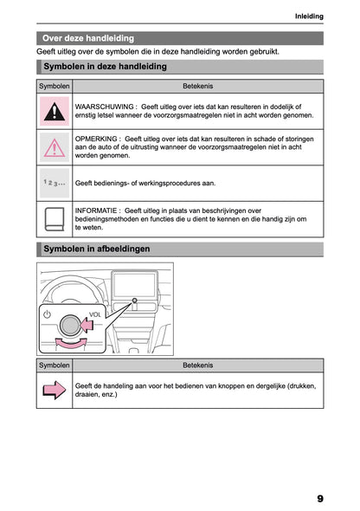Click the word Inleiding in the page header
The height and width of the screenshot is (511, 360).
[309, 16]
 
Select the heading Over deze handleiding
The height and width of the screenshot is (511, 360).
[88, 38]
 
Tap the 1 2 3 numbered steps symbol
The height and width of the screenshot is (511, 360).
[55, 184]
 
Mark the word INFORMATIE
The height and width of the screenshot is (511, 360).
[98, 210]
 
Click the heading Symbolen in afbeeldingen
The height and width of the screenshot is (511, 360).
[96, 249]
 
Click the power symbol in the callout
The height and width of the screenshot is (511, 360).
[48, 314]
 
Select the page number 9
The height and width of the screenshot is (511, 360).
[319, 498]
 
